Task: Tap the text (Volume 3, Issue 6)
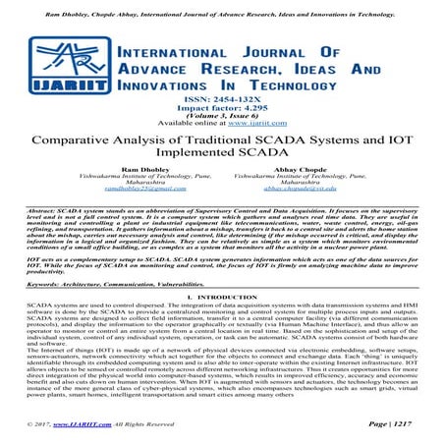[222, 123]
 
